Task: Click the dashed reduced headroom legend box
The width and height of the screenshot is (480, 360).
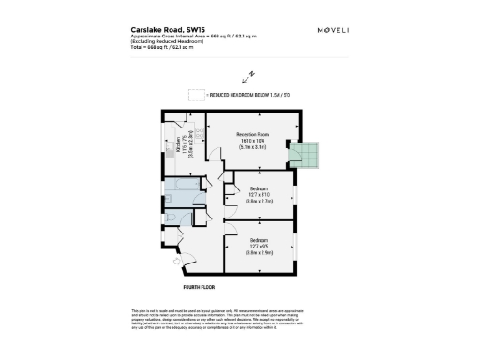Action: [195, 96]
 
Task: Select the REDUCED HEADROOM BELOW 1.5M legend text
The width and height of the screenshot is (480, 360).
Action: [248, 96]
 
